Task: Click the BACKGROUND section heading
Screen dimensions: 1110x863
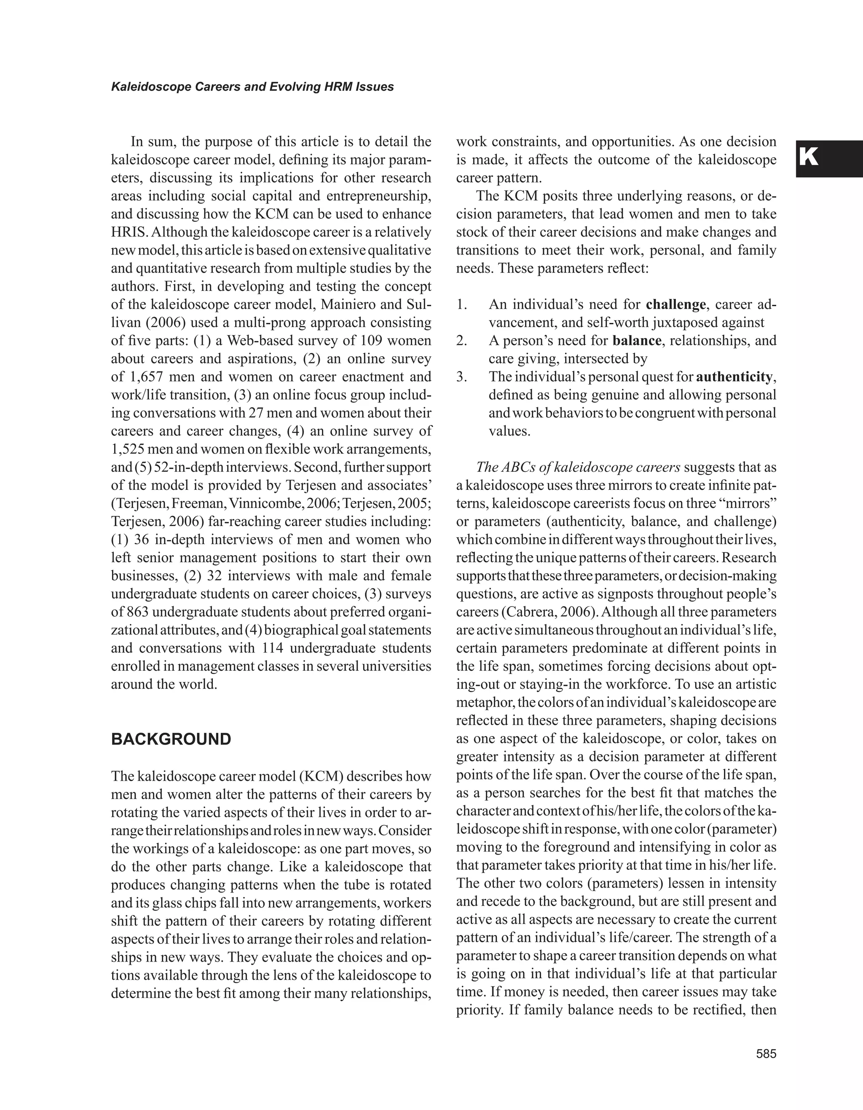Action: [x=171, y=739]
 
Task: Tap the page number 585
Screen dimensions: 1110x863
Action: [x=766, y=1054]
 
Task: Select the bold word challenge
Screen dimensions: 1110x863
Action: [x=675, y=304]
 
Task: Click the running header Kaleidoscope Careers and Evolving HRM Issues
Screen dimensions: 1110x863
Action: [x=252, y=87]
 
